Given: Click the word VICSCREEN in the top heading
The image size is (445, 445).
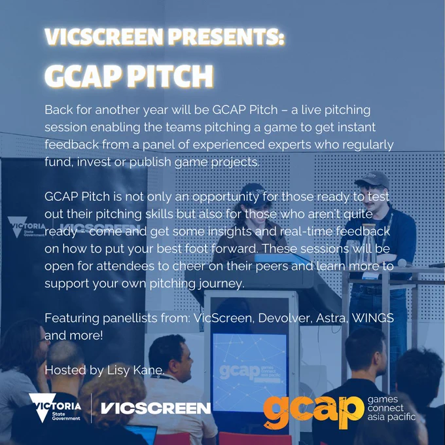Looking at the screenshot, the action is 104,37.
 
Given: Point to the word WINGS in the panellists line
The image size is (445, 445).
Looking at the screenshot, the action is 372,318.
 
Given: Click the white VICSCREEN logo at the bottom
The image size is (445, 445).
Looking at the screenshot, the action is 156,408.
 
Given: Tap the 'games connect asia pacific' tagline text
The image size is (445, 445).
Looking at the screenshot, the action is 391,408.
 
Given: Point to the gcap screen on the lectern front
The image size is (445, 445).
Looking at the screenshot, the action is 249,372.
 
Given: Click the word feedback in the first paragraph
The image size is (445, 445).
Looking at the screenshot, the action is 72,145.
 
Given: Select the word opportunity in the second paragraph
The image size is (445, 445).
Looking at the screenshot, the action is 226,197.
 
